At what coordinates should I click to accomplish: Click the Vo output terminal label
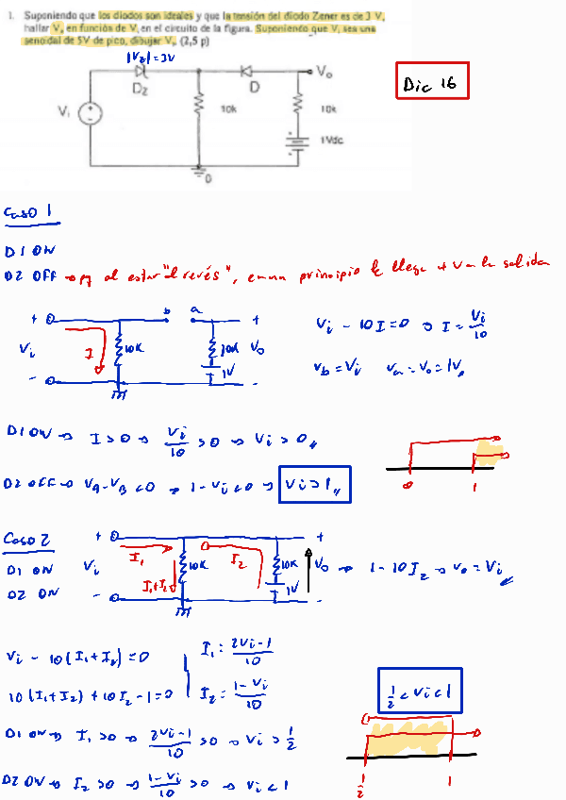pyautogui.click(x=325, y=71)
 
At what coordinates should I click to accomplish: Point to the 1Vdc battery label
pyautogui.click(x=331, y=140)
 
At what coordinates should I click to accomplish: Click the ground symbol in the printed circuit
pyautogui.click(x=199, y=173)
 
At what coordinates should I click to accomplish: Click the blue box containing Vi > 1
pyautogui.click(x=314, y=484)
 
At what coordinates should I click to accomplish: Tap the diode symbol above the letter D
pyautogui.click(x=246, y=71)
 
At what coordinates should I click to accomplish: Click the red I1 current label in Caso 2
pyautogui.click(x=136, y=559)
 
